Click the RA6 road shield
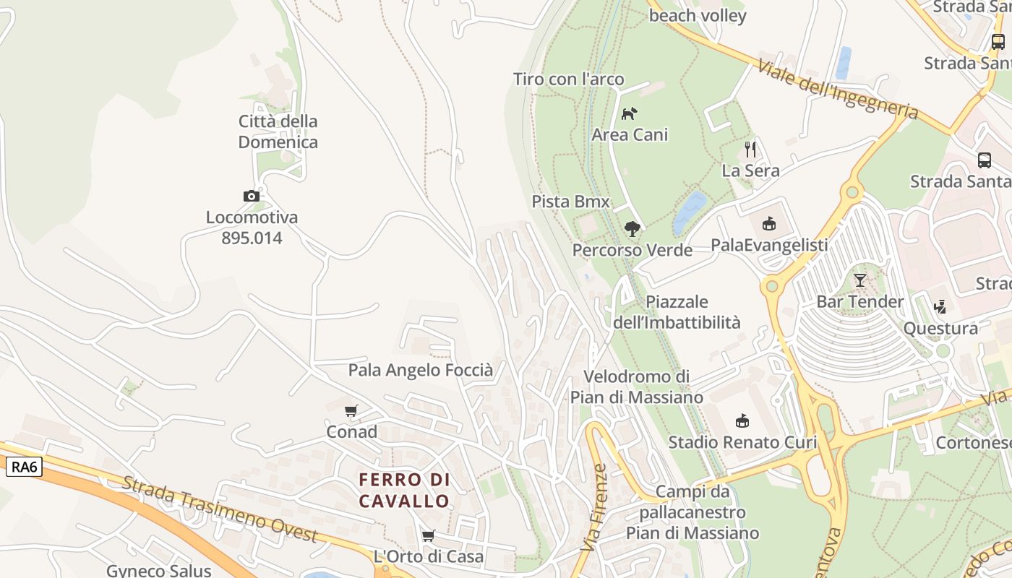[x=24, y=467]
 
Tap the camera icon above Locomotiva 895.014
[x=252, y=196]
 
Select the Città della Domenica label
[x=278, y=131]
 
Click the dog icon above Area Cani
[x=630, y=113]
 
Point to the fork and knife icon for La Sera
[x=750, y=150]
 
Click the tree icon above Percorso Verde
[x=632, y=229]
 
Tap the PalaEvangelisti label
[x=769, y=245]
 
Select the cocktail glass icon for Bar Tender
[x=859, y=280]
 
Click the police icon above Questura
[x=940, y=307]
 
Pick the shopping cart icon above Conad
[x=351, y=410]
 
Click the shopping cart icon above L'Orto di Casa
[x=428, y=535]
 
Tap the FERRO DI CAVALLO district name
[x=405, y=490]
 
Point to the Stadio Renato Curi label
[x=742, y=442]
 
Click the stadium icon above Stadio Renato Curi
[x=742, y=420]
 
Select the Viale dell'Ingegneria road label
[x=838, y=90]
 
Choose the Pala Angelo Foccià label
[x=421, y=371]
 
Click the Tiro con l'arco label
[x=568, y=79]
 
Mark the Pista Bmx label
[x=571, y=202]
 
